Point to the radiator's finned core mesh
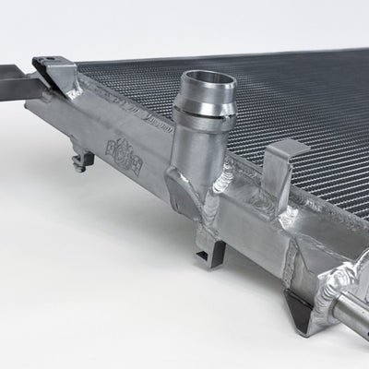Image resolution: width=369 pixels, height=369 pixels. [x=277, y=101]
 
